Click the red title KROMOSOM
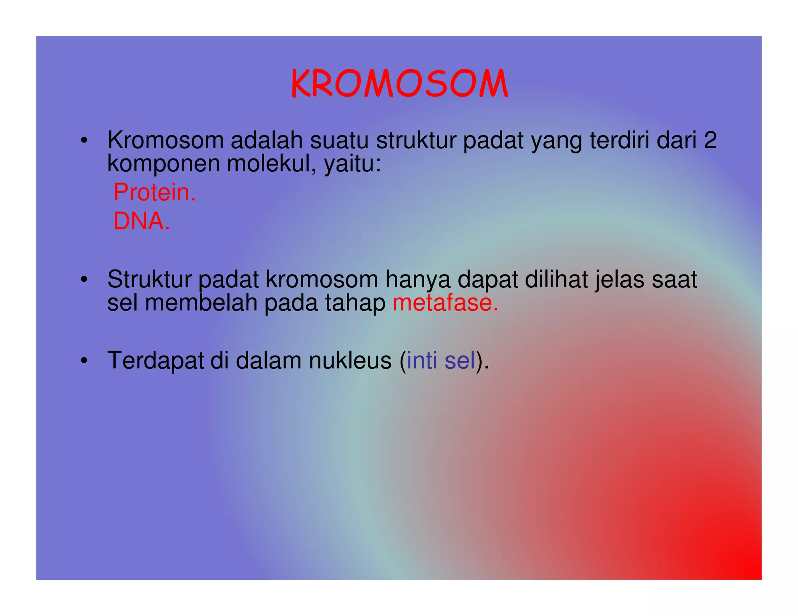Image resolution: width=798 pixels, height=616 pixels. coord(399,84)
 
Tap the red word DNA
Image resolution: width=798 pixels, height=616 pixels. coord(141,221)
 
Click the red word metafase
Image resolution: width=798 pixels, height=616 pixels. coord(445,303)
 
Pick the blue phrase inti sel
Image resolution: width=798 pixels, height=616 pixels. coord(441,360)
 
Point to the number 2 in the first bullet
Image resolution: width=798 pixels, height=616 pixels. coord(710,140)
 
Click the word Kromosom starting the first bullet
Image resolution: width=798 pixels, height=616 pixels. coord(165,140)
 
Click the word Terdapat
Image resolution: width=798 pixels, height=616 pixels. coord(155,361)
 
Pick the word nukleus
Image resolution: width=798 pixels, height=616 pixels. coord(350,360)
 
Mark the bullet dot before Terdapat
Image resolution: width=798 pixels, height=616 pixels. coord(84,361)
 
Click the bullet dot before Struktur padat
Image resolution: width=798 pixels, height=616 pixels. coord(84,280)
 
